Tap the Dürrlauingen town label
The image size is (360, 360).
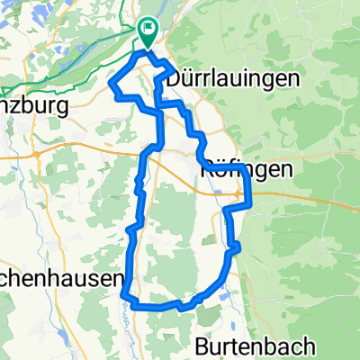pos(229,79)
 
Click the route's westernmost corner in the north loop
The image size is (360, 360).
pos(111,83)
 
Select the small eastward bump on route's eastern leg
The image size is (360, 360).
pos(237,247)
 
